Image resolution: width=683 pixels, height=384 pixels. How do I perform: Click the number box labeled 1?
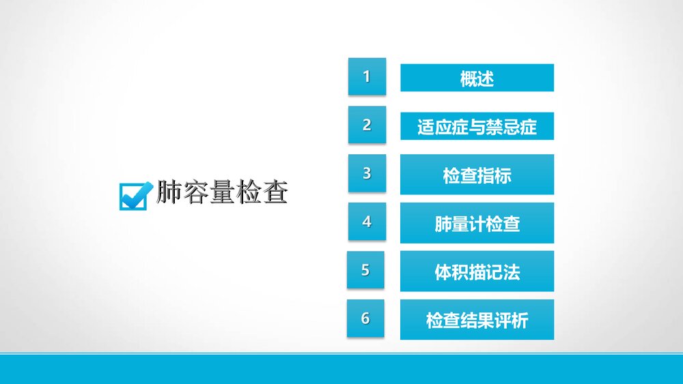tap(367, 76)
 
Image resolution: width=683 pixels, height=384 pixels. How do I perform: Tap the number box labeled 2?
tap(367, 125)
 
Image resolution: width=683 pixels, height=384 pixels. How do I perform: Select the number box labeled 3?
tap(367, 173)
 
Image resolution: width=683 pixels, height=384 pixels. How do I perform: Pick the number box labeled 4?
tap(367, 222)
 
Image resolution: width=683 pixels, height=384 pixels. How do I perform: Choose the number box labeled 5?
tap(365, 270)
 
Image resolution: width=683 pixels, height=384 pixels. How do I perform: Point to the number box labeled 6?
tap(365, 318)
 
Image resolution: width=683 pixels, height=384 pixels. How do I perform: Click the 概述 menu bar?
tap(477, 78)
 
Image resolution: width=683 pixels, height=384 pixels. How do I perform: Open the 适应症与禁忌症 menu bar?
tap(477, 127)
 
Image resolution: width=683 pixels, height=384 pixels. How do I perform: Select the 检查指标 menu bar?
tap(477, 175)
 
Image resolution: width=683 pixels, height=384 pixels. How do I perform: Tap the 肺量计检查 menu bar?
tap(477, 223)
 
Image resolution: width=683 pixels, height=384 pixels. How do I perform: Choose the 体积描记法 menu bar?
tap(477, 271)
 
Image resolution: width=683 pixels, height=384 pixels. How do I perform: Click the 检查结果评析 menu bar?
tap(477, 320)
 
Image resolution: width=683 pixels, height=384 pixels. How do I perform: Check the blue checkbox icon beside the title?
tap(135, 194)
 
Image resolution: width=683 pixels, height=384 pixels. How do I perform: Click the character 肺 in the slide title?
tap(169, 192)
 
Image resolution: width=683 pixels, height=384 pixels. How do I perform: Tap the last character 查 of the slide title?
tap(275, 192)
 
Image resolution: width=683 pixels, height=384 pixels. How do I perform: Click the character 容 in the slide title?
tap(195, 192)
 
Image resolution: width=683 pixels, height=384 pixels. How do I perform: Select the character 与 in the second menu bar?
tap(477, 127)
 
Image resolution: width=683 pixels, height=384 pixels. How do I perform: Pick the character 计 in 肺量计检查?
tap(477, 224)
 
